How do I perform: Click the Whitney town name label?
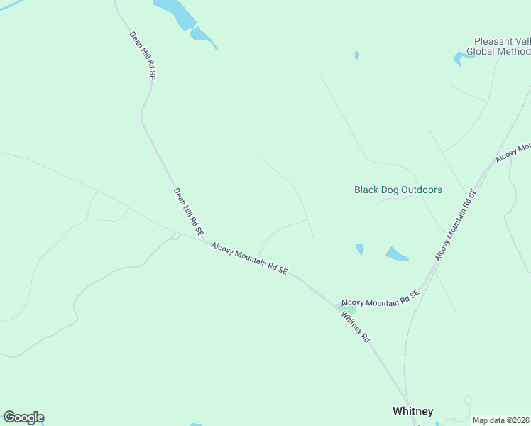pos(412,411)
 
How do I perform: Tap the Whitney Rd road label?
pos(356,327)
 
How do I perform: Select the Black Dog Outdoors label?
pos(398,190)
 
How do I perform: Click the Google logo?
pos(23,417)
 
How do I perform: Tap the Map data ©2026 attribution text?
pos(501,420)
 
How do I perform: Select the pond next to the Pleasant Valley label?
pos(462,59)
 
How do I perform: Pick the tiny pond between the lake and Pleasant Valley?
pos(356,55)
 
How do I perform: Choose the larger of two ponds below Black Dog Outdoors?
pos(396,253)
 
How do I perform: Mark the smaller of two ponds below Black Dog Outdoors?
pos(360,249)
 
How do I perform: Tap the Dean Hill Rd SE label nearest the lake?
pos(143,55)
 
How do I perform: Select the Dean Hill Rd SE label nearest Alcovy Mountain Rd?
pos(189,212)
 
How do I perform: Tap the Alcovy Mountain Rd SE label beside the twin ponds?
pos(454,224)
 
